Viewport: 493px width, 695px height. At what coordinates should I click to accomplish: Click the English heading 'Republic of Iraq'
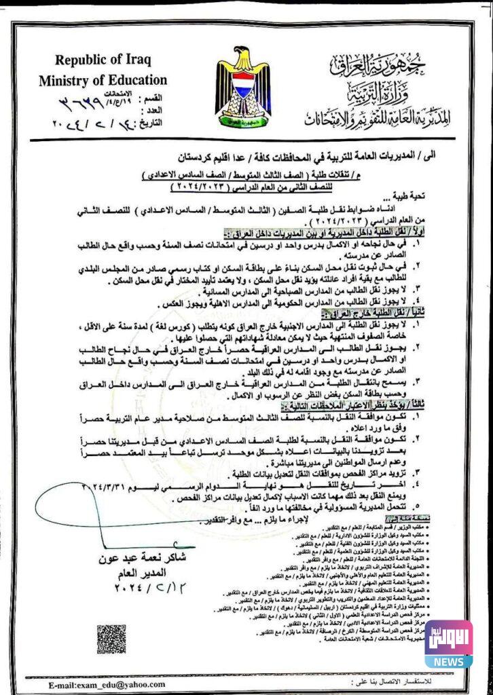(x=102, y=59)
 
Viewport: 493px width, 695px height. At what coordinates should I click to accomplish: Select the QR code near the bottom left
(x=112, y=639)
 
